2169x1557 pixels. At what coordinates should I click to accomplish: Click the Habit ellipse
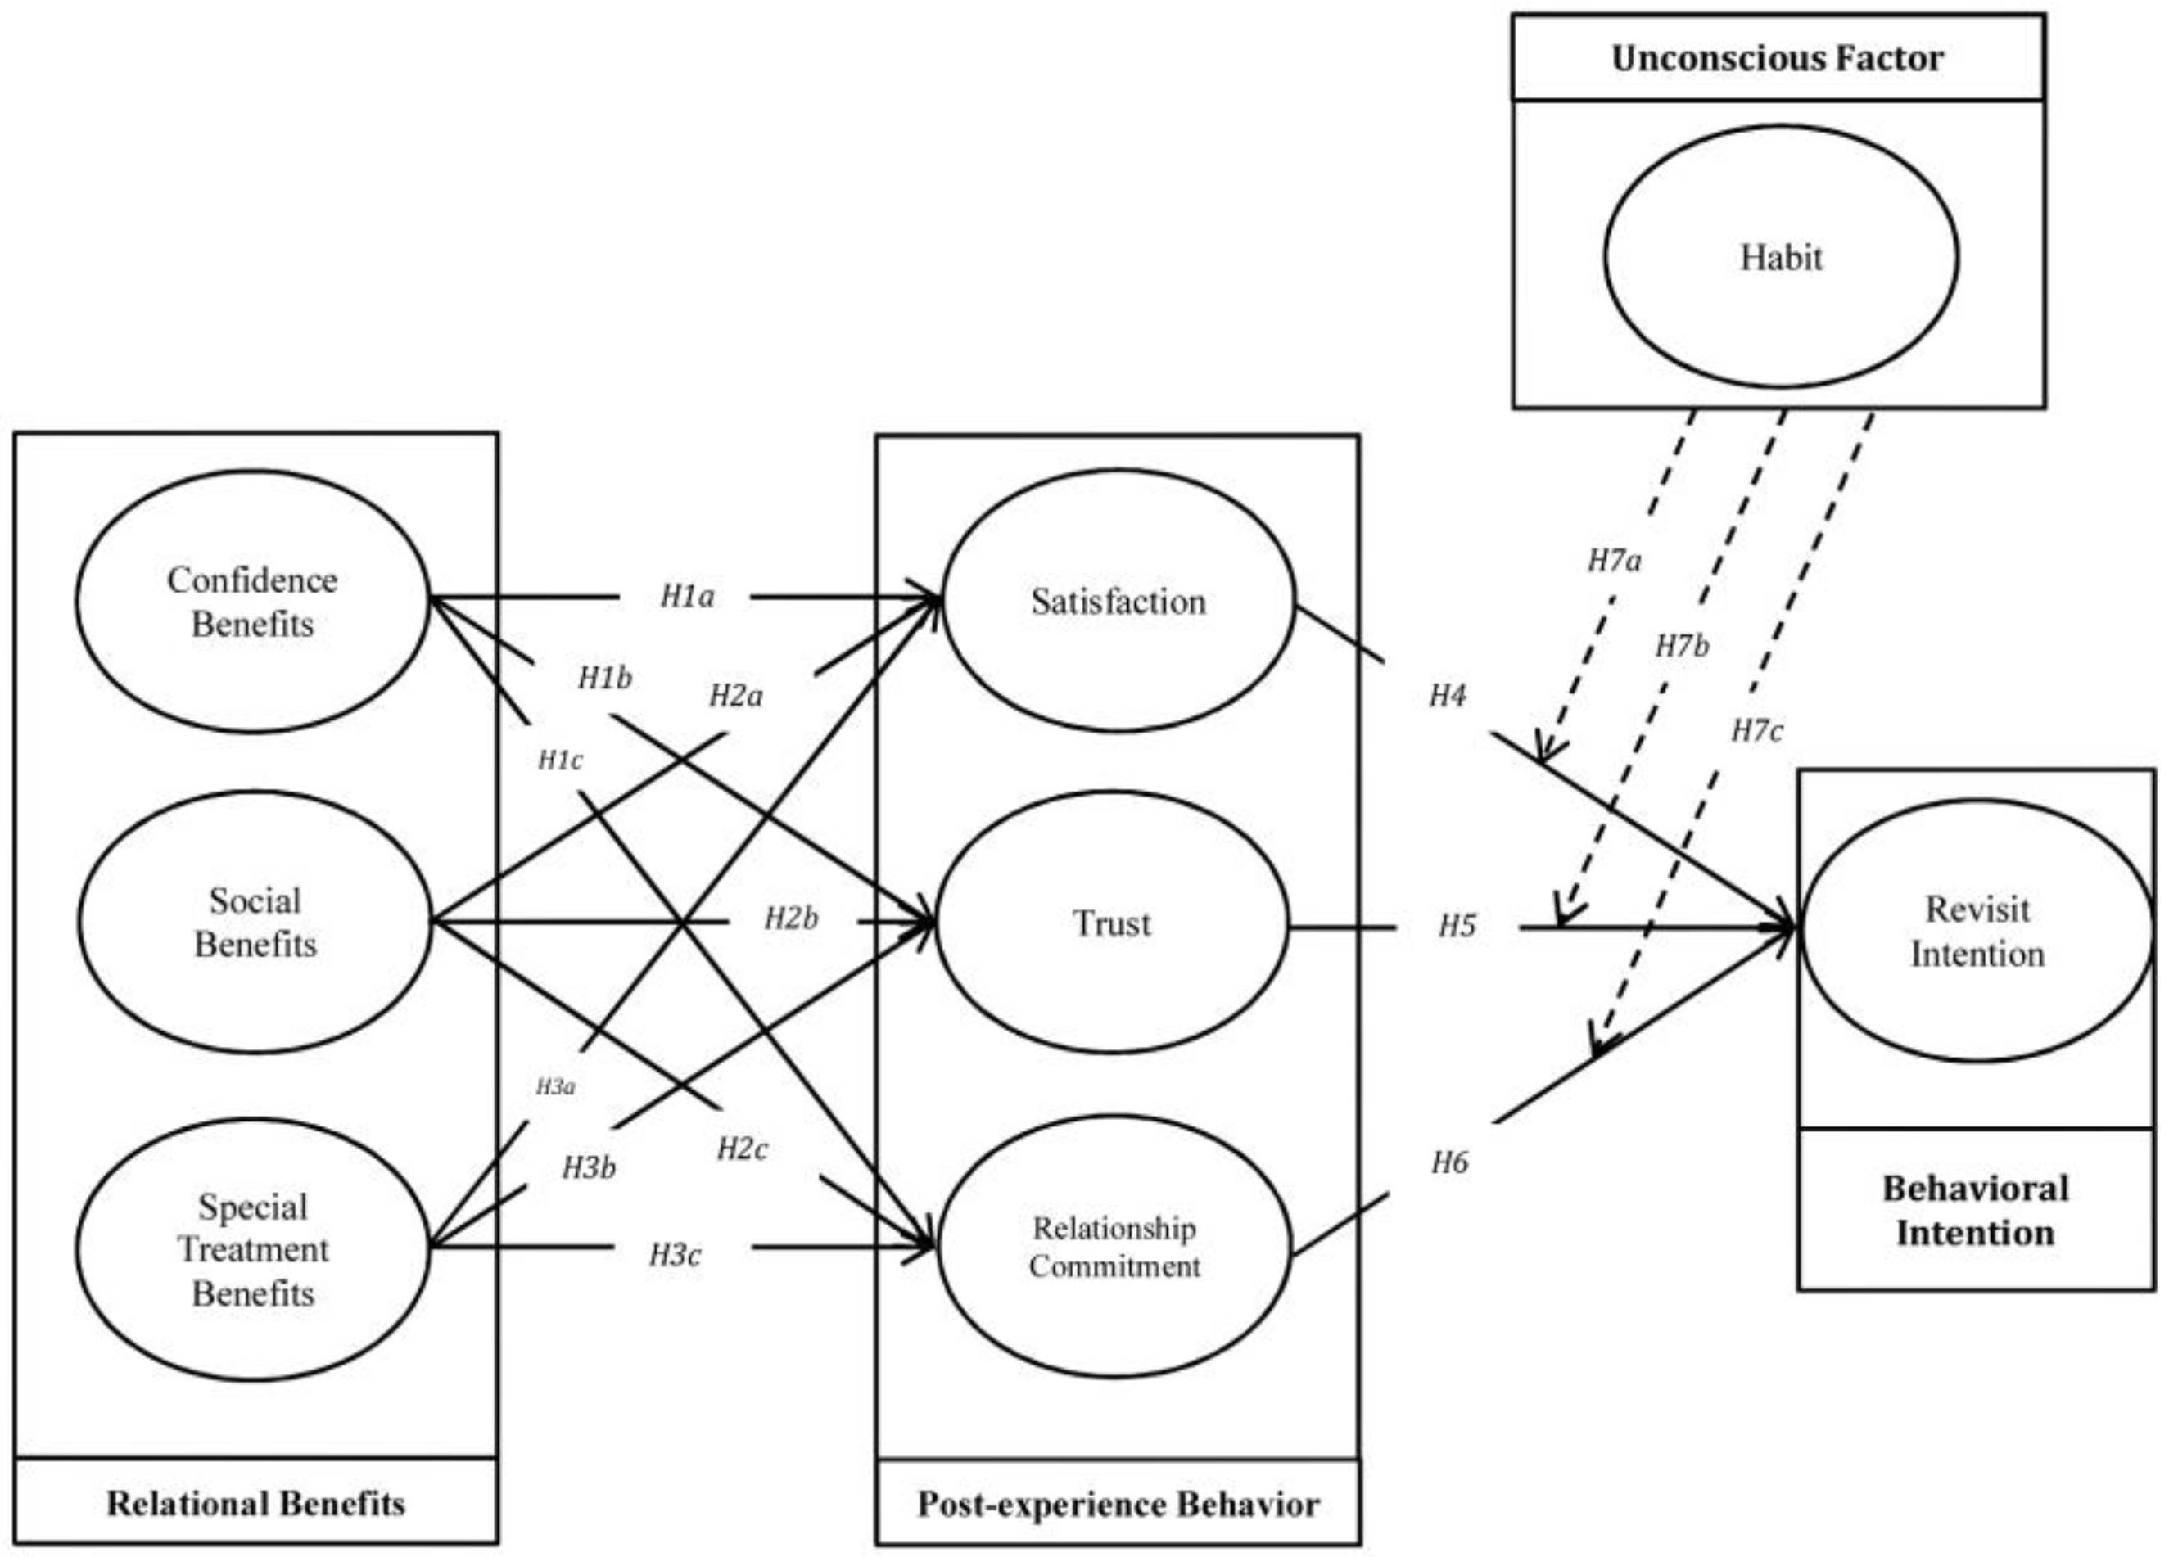click(1781, 257)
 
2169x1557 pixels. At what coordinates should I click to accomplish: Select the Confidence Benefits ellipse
click(252, 602)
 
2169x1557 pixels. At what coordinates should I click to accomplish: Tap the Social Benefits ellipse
click(255, 922)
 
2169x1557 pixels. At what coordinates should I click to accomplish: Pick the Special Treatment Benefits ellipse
click(252, 1249)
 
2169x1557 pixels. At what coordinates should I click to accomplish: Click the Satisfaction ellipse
click(1118, 602)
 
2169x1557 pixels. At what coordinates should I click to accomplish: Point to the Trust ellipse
click(1111, 923)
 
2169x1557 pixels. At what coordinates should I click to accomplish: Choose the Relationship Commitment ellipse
click(1114, 1247)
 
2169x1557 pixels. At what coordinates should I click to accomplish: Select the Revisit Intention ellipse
click(1977, 931)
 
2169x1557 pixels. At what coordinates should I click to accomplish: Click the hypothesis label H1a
click(687, 597)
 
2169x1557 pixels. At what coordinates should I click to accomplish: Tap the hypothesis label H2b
click(791, 919)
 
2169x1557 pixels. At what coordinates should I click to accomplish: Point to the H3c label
click(676, 1255)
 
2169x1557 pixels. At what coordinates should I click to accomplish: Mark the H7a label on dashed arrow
click(1615, 561)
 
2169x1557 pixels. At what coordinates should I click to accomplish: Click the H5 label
click(1457, 926)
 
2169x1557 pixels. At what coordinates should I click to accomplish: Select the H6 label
click(1450, 1163)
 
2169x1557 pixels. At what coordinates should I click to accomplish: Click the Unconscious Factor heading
click(1777, 59)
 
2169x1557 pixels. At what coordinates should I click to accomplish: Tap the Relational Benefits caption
click(255, 1504)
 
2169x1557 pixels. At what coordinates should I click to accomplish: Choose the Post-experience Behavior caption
click(1118, 1505)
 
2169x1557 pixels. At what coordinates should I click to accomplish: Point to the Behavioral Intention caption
click(1976, 1211)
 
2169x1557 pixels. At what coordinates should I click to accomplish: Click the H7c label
click(1757, 732)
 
